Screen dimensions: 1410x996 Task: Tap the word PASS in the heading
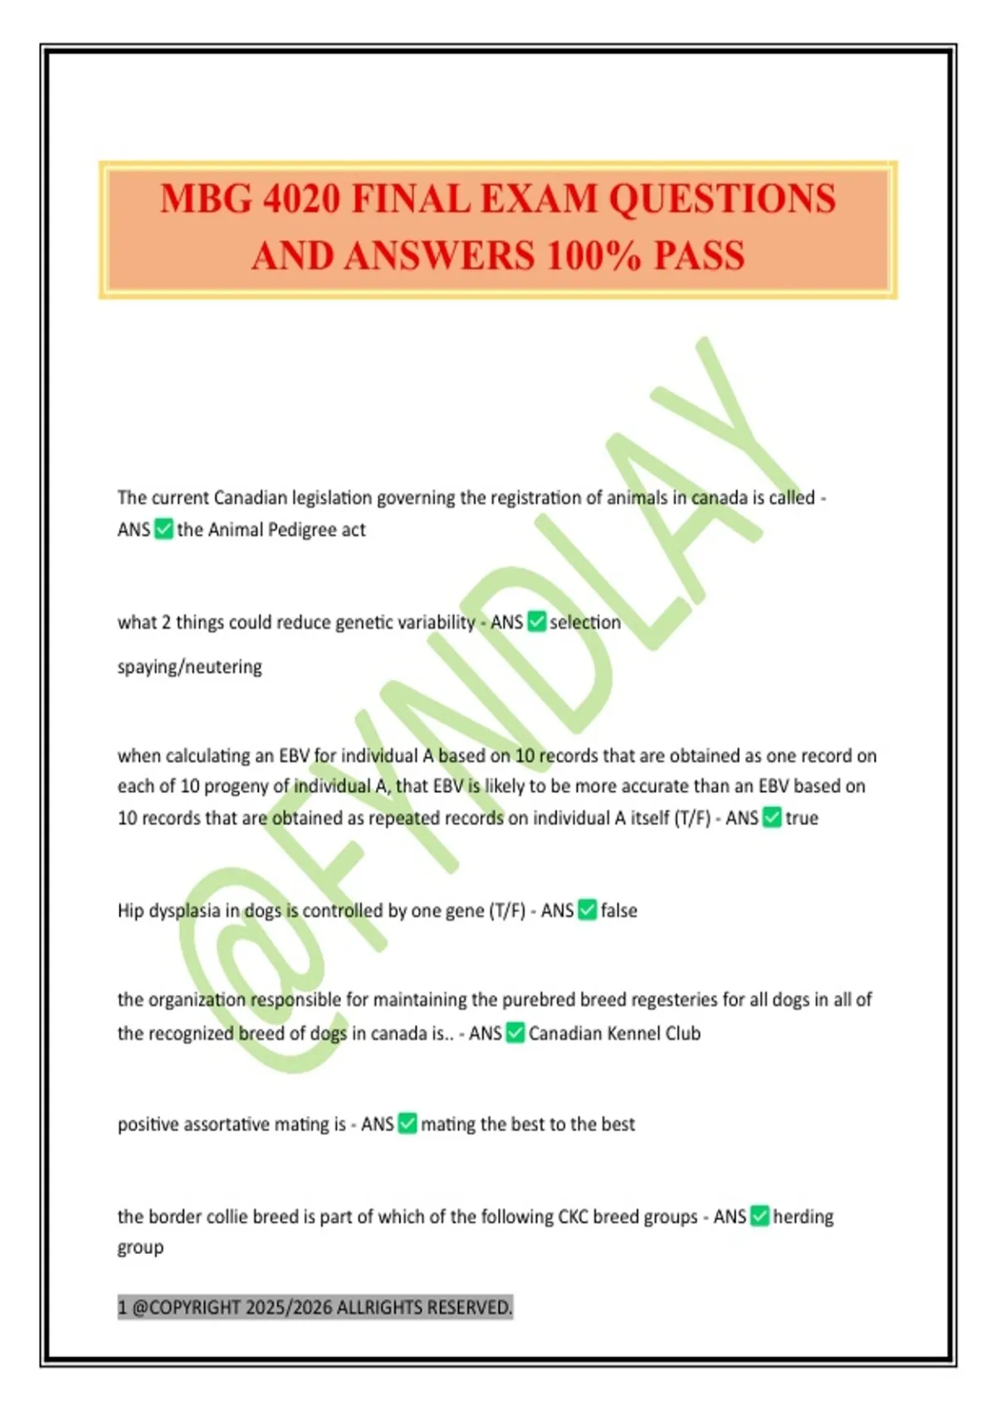pos(699,255)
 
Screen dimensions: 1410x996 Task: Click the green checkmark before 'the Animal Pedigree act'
pos(164,529)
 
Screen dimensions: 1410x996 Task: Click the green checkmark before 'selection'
pos(537,621)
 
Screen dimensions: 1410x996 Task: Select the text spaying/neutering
pos(189,667)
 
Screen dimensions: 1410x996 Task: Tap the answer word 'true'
pos(802,818)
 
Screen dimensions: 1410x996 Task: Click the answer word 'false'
pos(618,911)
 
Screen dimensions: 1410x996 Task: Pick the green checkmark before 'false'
pos(587,910)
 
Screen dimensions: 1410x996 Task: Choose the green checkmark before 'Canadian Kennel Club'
pos(515,1033)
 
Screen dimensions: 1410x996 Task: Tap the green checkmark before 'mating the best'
pos(407,1124)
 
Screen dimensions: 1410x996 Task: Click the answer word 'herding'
pos(803,1217)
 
